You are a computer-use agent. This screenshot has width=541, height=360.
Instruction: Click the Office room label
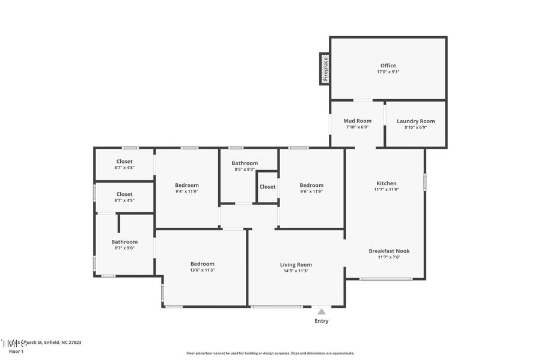point(388,66)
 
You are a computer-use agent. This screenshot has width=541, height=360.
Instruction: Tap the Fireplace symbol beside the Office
point(325,69)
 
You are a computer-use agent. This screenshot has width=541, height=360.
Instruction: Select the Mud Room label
point(358,121)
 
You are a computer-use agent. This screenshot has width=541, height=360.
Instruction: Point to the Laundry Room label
point(415,121)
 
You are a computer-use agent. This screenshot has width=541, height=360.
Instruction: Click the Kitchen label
point(386,183)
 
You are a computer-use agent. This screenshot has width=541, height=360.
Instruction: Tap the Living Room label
point(296,264)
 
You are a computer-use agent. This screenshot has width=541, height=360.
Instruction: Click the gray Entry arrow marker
point(322,311)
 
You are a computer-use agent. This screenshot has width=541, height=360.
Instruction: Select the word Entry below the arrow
point(322,321)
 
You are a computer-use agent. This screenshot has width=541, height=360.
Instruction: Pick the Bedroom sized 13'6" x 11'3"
point(202,264)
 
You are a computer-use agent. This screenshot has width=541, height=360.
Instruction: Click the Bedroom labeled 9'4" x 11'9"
point(186,185)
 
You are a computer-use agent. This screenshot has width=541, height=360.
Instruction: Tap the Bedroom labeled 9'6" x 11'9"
point(311,185)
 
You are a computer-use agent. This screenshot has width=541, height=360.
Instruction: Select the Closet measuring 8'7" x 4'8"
point(124,161)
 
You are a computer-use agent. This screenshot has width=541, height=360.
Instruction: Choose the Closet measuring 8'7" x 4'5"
point(124,194)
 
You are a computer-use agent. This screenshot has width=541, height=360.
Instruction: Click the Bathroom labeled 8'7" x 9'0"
point(124,242)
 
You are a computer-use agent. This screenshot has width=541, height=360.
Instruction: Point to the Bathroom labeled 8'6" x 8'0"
point(245,163)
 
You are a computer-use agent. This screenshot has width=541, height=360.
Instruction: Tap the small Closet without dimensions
point(267,186)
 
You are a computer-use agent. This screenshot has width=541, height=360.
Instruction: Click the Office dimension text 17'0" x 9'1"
point(388,72)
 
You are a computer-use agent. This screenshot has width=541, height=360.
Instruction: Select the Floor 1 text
point(16,351)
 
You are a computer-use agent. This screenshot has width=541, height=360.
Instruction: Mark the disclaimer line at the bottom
point(270,353)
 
